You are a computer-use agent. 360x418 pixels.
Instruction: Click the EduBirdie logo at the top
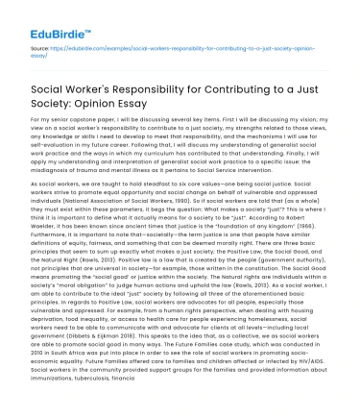tap(51, 17)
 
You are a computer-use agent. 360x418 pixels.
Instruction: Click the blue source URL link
tap(183, 49)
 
